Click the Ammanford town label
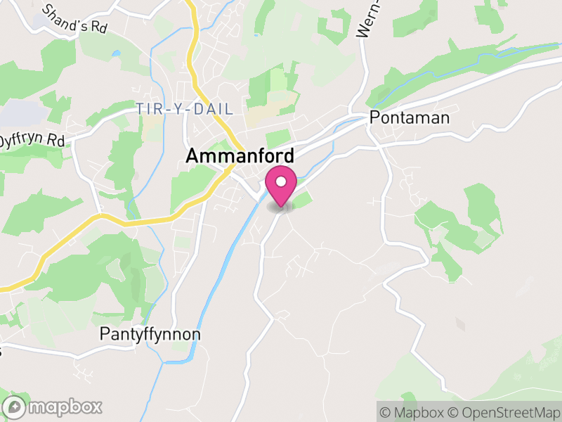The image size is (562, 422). coord(240,157)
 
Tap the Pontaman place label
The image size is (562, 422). coord(409,117)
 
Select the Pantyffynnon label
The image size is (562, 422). coord(150,334)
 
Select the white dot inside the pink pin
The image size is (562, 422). coord(281,181)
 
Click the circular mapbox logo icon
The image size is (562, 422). coord(13,407)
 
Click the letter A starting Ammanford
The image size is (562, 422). coord(192,157)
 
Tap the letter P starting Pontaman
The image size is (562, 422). coord(374,117)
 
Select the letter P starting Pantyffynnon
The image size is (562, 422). coord(105,334)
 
